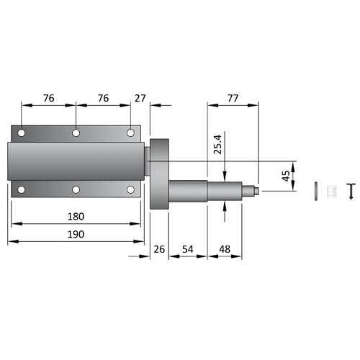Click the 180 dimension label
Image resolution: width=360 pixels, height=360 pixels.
tap(76, 217)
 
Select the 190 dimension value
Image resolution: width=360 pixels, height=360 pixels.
tap(76, 234)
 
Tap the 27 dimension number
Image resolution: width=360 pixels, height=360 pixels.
tap(140, 98)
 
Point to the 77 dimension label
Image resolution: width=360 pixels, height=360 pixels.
tap(233, 98)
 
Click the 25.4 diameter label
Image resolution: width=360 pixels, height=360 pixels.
tap(218, 144)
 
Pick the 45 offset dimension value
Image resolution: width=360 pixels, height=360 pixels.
tap(286, 176)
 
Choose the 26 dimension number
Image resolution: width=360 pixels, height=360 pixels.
tap(159, 249)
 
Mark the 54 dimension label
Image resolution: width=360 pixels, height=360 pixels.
tap(188, 249)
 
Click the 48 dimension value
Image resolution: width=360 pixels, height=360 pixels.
tap(225, 249)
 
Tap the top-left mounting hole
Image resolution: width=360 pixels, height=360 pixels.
tap(22, 132)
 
